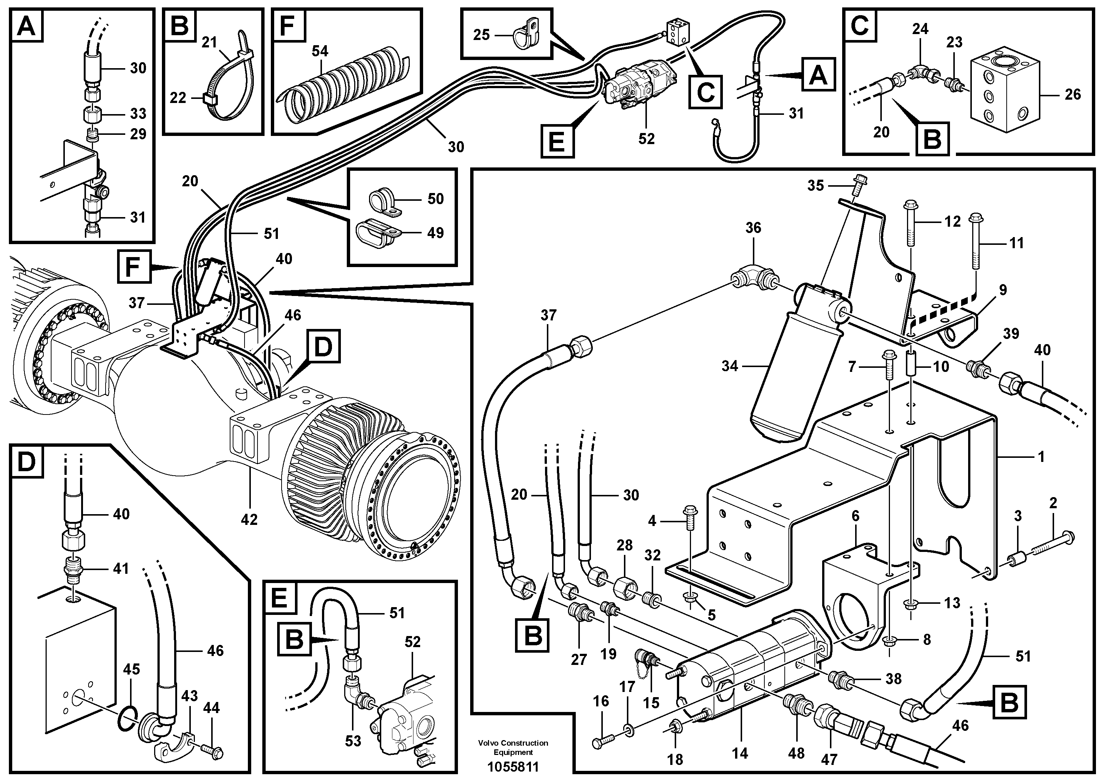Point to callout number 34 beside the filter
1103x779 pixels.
(729, 366)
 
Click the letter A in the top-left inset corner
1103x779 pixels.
(26, 26)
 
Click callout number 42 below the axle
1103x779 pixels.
(249, 519)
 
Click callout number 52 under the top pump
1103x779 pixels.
(646, 139)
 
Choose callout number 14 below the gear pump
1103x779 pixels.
(740, 753)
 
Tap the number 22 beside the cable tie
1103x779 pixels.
(178, 98)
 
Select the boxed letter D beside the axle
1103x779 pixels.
(322, 346)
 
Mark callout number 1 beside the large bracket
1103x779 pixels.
(1040, 456)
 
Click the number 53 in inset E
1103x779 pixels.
(353, 741)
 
